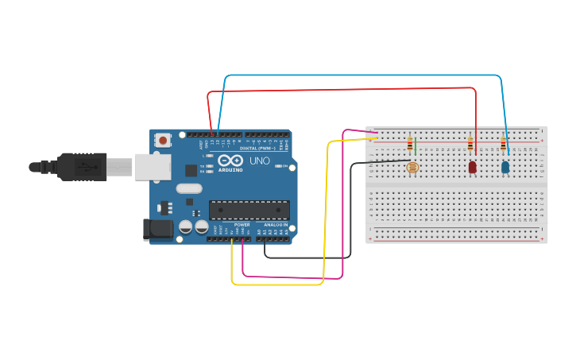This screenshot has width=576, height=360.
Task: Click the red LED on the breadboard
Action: click(472, 167)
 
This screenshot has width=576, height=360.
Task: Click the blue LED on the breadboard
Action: click(505, 167)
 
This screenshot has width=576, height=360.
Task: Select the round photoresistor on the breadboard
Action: click(412, 167)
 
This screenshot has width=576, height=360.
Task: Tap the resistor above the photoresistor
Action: click(410, 145)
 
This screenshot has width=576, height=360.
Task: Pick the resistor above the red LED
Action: click(470, 145)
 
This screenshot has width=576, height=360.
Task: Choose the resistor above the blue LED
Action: click(503, 145)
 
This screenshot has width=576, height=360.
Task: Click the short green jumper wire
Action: click(415, 146)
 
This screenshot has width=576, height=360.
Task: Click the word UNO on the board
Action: click(260, 161)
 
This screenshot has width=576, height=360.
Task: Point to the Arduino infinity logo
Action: click(230, 161)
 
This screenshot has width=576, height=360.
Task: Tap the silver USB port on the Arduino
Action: click(152, 167)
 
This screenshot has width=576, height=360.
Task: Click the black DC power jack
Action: click(157, 230)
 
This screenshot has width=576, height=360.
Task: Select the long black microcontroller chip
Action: click(249, 210)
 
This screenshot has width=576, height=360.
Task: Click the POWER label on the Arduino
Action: click(242, 225)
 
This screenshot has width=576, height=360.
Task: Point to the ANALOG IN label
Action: click(276, 225)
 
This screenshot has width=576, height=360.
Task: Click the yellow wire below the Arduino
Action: click(278, 284)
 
